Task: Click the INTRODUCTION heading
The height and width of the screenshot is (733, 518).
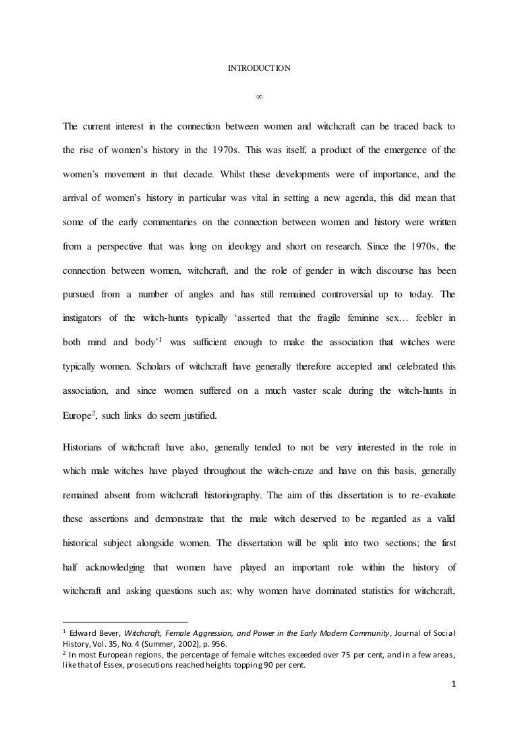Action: (x=258, y=68)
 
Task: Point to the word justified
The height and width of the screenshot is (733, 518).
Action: (x=198, y=415)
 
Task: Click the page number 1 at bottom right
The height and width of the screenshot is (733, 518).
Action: (x=453, y=686)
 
